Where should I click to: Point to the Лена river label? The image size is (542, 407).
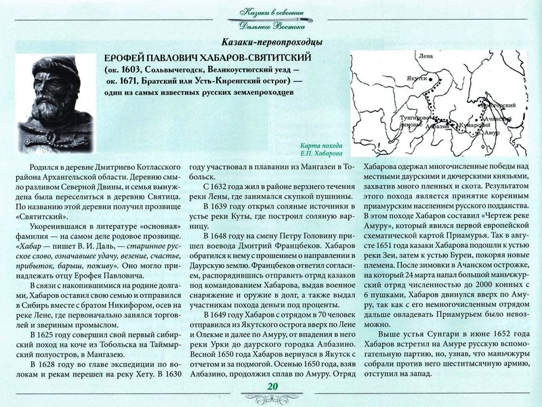(x=425, y=56)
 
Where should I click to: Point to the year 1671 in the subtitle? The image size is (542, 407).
(x=133, y=81)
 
